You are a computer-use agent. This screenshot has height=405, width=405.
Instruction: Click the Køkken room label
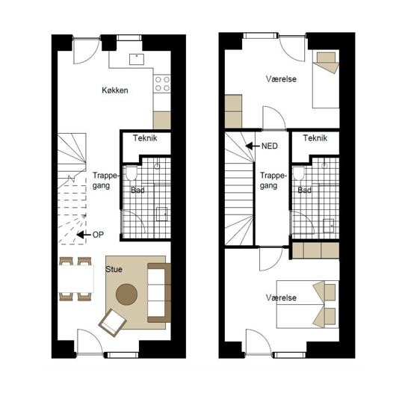click(x=115, y=90)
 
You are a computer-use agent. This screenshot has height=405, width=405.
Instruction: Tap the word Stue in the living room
click(x=114, y=270)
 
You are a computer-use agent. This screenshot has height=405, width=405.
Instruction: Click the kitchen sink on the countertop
click(x=137, y=59)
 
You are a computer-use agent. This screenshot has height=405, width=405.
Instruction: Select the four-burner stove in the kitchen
click(x=162, y=84)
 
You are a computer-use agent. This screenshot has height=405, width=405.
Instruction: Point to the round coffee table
click(x=126, y=294)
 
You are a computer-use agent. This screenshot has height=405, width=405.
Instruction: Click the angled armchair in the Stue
click(x=112, y=323)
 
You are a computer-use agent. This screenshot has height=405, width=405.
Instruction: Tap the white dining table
click(x=75, y=279)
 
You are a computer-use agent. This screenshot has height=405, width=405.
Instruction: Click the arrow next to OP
click(x=84, y=235)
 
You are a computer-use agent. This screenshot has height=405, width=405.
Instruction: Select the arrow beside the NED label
click(x=253, y=146)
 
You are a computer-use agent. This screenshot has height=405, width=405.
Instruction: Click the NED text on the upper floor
click(x=270, y=146)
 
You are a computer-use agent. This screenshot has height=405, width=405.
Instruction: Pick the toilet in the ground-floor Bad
click(x=132, y=173)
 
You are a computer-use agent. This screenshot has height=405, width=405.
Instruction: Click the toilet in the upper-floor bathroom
click(x=299, y=173)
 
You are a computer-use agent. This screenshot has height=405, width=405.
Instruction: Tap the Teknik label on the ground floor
click(x=145, y=138)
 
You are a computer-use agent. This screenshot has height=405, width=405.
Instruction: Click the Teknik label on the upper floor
click(x=315, y=138)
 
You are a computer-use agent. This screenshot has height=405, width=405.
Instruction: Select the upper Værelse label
click(x=281, y=79)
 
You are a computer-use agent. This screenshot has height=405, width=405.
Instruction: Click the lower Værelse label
click(x=281, y=298)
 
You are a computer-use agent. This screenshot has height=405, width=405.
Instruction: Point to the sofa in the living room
click(x=159, y=293)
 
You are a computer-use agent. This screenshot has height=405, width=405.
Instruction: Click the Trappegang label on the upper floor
click(x=273, y=181)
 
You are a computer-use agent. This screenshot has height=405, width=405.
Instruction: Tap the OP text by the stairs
click(x=98, y=235)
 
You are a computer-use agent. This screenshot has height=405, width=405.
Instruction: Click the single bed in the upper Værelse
click(x=326, y=79)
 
